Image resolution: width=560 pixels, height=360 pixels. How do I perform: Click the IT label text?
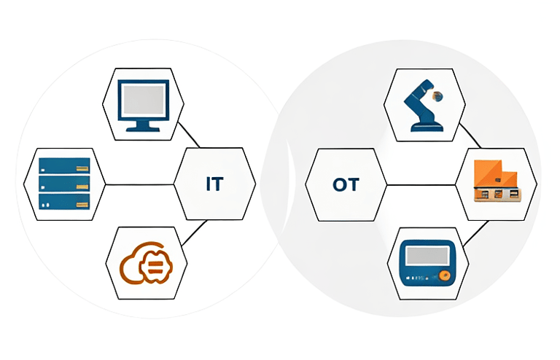[214, 184]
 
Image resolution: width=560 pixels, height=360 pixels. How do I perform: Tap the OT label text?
[345, 184]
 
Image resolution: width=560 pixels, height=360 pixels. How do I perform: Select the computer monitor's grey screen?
[143, 98]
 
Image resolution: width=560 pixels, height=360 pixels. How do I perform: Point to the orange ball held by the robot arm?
[438, 95]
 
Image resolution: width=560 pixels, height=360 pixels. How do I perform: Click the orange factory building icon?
[496, 180]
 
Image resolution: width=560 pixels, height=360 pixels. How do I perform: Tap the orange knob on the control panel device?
[443, 276]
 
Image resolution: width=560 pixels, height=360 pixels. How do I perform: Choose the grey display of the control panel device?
[427, 256]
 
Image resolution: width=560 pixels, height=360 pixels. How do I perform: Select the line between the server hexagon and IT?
[140, 184]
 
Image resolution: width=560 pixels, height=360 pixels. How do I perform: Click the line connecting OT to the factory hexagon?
[419, 184]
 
